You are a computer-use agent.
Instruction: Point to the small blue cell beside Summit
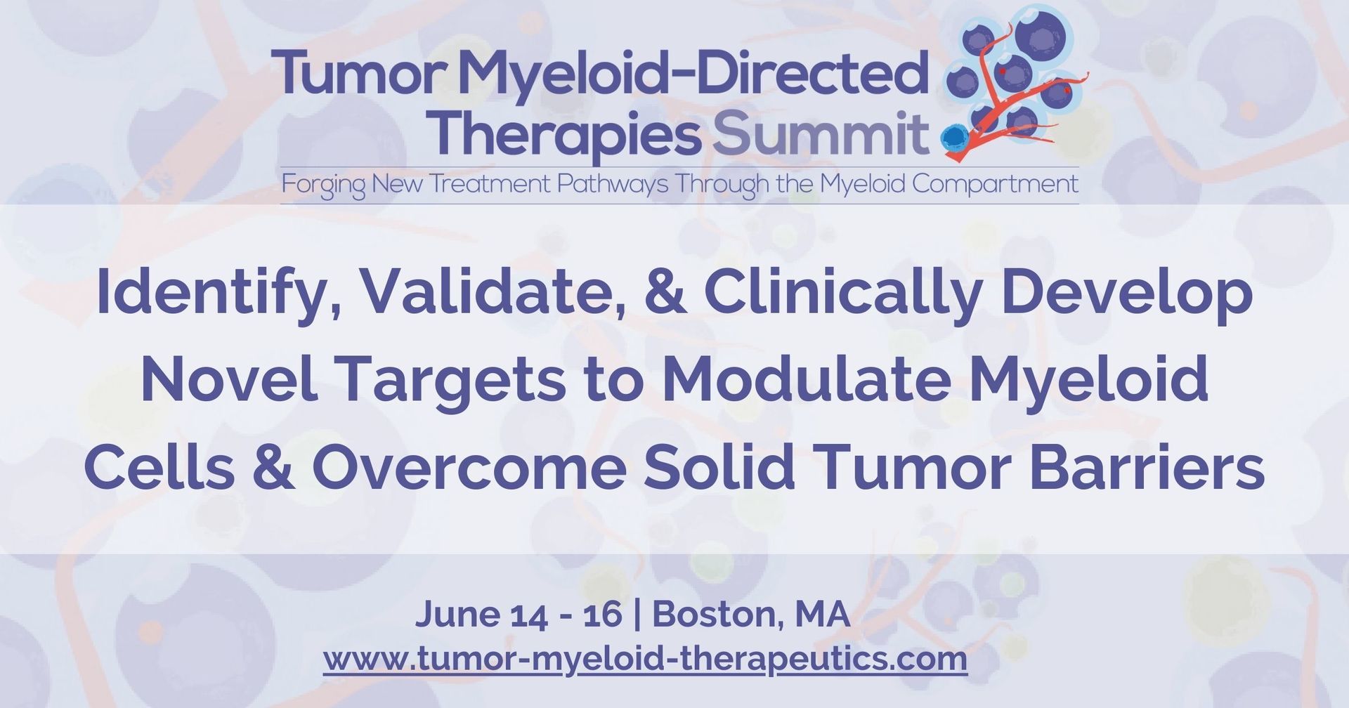(x=953, y=136)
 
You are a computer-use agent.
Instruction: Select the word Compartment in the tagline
(x=995, y=185)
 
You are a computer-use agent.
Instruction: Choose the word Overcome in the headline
(x=469, y=467)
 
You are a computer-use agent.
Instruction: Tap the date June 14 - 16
(x=519, y=614)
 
